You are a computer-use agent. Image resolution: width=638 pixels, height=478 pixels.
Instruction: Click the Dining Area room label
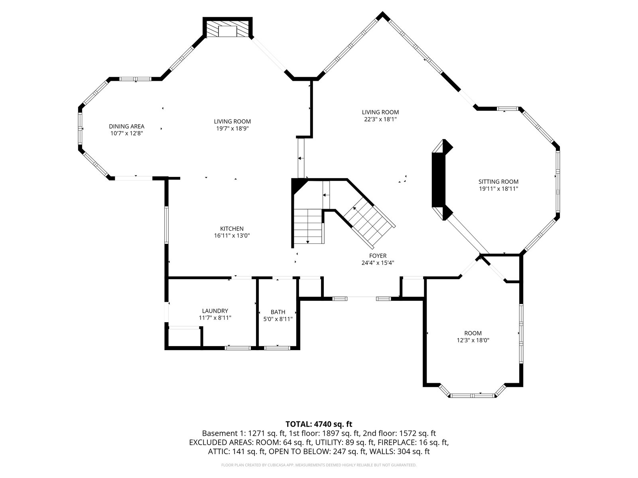tap(126, 126)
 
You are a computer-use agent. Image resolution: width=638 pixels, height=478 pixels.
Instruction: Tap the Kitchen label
tap(232, 229)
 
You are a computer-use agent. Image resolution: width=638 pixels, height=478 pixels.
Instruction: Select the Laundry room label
tap(215, 311)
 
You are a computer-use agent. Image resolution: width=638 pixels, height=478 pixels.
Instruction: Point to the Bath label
tap(278, 312)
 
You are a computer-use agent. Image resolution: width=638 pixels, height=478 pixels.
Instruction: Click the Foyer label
tap(378, 256)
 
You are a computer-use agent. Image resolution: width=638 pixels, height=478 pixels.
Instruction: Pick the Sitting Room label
tap(498, 182)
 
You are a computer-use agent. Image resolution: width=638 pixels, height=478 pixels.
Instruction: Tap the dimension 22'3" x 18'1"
tap(380, 119)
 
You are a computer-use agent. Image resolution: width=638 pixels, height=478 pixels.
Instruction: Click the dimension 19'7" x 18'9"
tap(232, 128)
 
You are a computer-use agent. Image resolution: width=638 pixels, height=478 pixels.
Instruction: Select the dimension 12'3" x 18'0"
tap(473, 340)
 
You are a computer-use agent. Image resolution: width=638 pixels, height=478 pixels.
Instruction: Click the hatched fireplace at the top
tap(228, 28)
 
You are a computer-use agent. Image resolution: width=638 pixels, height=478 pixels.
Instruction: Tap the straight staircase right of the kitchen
tap(308, 226)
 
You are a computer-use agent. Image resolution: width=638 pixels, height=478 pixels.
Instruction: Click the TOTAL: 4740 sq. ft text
tap(319, 424)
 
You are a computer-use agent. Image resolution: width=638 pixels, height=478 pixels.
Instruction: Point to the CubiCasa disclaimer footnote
tap(319, 465)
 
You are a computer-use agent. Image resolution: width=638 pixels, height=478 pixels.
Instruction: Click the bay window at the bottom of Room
tap(473, 395)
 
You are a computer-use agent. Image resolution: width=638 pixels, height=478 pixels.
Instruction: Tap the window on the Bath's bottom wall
tap(277, 348)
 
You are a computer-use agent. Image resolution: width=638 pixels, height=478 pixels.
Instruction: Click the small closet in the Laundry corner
tap(184, 337)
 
